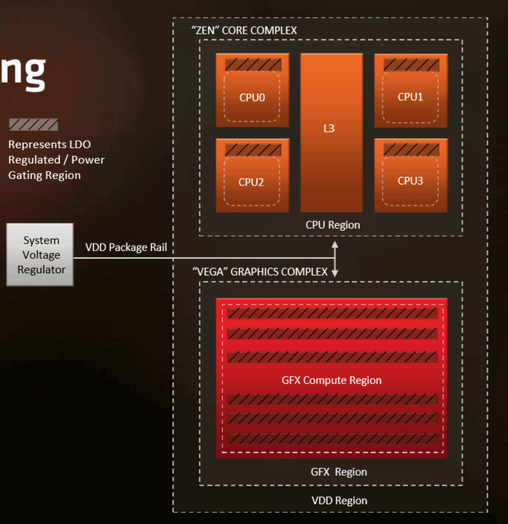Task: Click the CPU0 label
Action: (x=252, y=97)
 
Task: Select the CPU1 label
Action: (x=410, y=97)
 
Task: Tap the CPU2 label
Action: (x=251, y=182)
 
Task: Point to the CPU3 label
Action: (x=410, y=180)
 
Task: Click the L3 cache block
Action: (x=331, y=133)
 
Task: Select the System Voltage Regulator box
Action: (x=40, y=255)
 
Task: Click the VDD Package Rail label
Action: (x=126, y=247)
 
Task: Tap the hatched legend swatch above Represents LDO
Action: (x=34, y=125)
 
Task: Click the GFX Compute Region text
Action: (x=331, y=380)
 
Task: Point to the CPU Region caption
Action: (x=333, y=225)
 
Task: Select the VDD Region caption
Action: (x=340, y=501)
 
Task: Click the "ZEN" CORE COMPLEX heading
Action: (x=244, y=30)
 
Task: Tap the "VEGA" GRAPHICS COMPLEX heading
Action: (x=260, y=271)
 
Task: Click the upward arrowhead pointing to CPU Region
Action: (x=335, y=245)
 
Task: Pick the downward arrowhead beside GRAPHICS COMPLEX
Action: (x=335, y=273)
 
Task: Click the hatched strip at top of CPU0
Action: (x=253, y=64)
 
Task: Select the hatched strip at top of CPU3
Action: (x=411, y=150)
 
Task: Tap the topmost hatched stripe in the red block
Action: (x=333, y=313)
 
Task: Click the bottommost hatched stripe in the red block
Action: (x=333, y=439)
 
